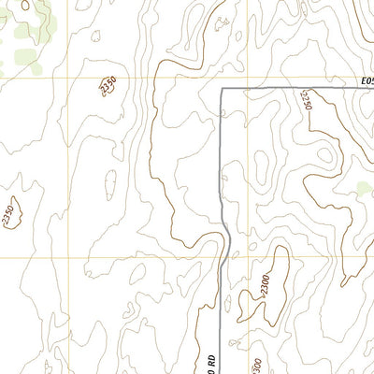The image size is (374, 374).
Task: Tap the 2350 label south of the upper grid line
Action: [x=109, y=87]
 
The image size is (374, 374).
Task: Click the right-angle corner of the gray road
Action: [x=221, y=89]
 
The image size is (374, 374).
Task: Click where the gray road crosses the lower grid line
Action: [x=228, y=257]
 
